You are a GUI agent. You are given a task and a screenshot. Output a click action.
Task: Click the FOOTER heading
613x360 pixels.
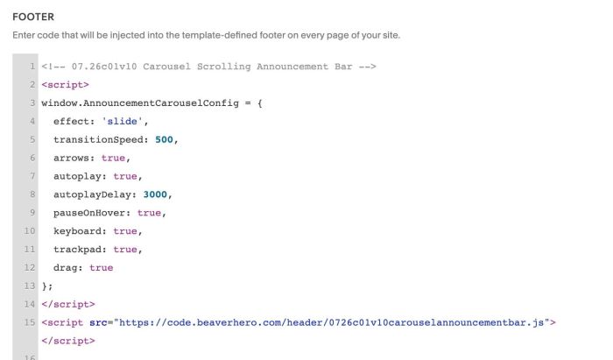pyautogui.click(x=33, y=17)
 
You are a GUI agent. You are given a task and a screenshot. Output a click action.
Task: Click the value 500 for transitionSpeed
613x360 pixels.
pyautogui.click(x=164, y=139)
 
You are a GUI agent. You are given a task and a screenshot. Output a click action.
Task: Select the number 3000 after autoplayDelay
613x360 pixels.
pyautogui.click(x=155, y=194)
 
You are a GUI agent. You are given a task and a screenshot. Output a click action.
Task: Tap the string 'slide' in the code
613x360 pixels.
pyautogui.click(x=122, y=121)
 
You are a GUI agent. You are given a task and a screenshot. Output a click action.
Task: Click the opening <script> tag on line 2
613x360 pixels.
pyautogui.click(x=66, y=85)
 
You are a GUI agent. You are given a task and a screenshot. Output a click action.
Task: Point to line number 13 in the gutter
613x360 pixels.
pyautogui.click(x=29, y=286)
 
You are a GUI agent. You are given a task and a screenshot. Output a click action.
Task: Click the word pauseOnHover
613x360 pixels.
pyautogui.click(x=89, y=213)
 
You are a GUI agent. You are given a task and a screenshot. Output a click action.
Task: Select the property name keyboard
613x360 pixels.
pyautogui.click(x=77, y=231)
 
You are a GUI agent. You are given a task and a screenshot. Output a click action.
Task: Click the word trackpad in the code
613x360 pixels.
pyautogui.click(x=77, y=250)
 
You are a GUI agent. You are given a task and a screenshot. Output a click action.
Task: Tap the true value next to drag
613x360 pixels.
pyautogui.click(x=102, y=268)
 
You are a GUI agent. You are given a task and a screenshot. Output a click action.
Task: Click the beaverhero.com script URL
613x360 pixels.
pyautogui.click(x=332, y=322)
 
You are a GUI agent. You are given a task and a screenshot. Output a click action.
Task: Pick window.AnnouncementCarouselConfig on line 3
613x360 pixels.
pyautogui.click(x=140, y=103)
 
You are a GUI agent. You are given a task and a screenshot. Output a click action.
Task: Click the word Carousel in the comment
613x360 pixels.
pyautogui.click(x=167, y=67)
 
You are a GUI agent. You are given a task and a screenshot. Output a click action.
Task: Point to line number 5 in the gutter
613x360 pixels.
pyautogui.click(x=32, y=139)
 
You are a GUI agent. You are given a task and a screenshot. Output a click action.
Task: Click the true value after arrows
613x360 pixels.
pyautogui.click(x=113, y=158)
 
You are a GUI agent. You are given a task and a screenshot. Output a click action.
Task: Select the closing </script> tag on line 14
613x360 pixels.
pyautogui.click(x=68, y=304)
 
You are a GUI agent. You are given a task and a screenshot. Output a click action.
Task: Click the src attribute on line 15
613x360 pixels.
pyautogui.click(x=98, y=322)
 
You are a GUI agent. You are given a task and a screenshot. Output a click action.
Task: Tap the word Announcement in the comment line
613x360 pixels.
pyautogui.click(x=292, y=67)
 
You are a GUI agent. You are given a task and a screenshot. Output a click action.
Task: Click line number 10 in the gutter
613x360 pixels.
pyautogui.click(x=29, y=231)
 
